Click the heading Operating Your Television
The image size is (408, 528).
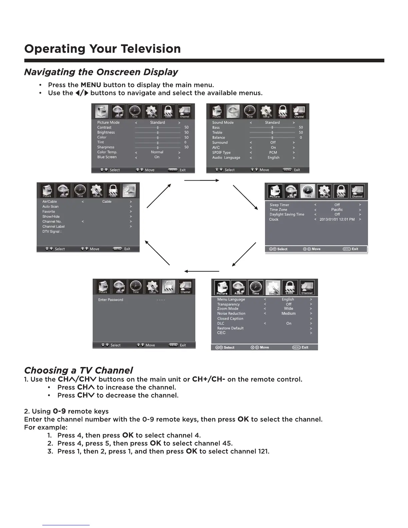(x=102, y=49)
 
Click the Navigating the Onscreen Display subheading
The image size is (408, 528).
(x=101, y=72)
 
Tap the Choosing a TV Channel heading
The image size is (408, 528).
(x=78, y=370)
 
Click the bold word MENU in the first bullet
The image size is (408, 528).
(x=91, y=85)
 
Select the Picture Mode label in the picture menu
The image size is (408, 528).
(x=108, y=122)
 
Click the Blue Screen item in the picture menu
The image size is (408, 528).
(x=107, y=157)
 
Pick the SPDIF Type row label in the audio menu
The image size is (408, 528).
(x=221, y=152)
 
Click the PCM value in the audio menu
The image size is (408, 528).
(x=273, y=152)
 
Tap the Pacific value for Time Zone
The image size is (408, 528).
(x=337, y=210)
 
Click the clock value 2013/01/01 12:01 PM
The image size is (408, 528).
(x=337, y=219)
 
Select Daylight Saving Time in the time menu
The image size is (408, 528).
(x=287, y=214)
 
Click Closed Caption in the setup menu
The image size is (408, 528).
(x=230, y=318)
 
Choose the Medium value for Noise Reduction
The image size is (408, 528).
(x=289, y=313)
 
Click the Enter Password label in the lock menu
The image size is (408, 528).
(x=111, y=300)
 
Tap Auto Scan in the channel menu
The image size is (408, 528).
(x=50, y=206)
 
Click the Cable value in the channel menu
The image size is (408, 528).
(x=107, y=202)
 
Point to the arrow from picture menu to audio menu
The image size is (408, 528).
(x=201, y=180)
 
